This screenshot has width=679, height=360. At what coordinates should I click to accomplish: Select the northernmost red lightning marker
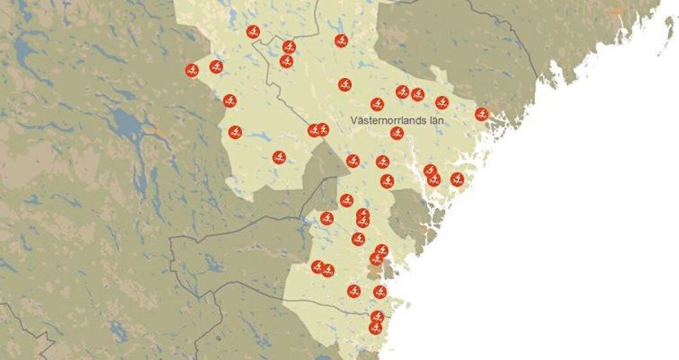253,31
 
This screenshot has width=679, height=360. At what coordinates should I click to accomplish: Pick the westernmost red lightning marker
192,70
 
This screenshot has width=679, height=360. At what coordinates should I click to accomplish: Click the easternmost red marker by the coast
482,114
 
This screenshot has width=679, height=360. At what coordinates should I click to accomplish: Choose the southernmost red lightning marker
375,328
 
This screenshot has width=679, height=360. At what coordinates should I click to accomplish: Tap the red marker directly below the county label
397,133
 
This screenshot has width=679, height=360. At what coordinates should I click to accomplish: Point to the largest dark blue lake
127,124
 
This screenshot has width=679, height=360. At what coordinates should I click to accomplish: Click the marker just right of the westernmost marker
216,67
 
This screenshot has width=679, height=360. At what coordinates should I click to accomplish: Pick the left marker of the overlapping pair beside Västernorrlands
313,130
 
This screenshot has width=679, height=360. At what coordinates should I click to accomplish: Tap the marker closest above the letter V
377,104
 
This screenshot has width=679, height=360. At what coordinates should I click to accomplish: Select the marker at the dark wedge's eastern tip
352,161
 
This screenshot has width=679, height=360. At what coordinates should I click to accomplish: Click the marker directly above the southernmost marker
377,316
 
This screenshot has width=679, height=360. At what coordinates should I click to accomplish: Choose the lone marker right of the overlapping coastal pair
457,179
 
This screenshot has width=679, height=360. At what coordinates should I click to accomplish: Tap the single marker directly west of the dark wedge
279,157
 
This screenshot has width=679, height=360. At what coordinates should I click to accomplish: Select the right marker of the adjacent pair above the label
418,95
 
